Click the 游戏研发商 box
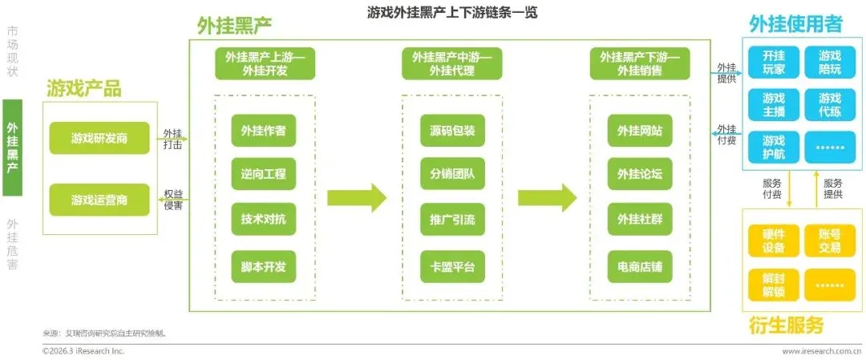click(99, 138)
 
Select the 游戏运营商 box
click(99, 200)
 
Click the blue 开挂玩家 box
click(774, 63)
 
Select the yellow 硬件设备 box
click(774, 241)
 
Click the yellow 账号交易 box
click(830, 241)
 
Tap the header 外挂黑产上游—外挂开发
click(264, 63)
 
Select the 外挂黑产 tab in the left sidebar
click(12, 148)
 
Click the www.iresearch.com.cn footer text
click(821, 351)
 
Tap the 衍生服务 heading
click(787, 326)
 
